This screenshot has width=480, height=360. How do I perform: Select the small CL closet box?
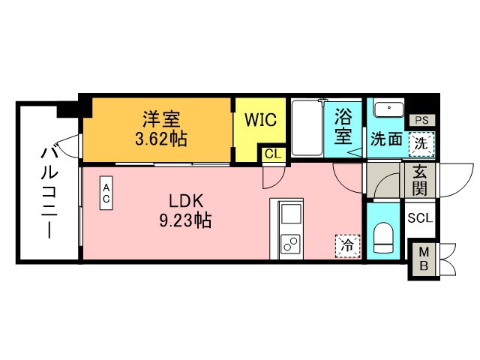click(x=272, y=154)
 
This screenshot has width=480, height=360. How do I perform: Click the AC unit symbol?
click(x=106, y=194)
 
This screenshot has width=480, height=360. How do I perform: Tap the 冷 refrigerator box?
click(x=347, y=244)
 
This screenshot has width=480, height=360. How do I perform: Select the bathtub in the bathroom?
click(x=307, y=128)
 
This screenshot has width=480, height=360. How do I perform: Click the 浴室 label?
click(x=344, y=127)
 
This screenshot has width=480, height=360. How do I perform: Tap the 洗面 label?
click(x=384, y=140)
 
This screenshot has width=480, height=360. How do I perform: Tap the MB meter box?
click(x=424, y=259)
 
